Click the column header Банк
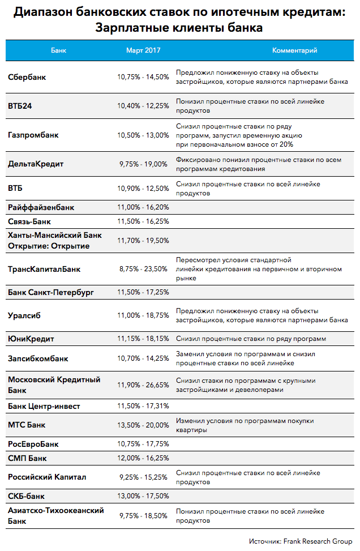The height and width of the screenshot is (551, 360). [x=58, y=50]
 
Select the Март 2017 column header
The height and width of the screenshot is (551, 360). [x=143, y=50]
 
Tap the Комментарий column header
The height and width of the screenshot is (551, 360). [x=294, y=50]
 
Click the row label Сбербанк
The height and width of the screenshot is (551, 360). [x=27, y=77]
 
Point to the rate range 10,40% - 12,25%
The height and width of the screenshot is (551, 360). [x=143, y=105]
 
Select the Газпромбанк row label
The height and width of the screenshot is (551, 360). [x=33, y=135]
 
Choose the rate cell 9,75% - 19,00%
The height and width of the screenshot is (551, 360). [x=143, y=164]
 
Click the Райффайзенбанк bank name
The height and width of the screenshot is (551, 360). [x=41, y=207]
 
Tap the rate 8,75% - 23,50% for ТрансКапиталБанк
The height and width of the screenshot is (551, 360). [x=143, y=269]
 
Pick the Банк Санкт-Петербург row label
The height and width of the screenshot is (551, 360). [x=51, y=293]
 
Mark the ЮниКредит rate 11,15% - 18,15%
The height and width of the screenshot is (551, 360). [x=143, y=339]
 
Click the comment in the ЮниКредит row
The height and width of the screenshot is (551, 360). [x=251, y=339]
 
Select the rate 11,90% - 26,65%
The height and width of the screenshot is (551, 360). [x=143, y=385]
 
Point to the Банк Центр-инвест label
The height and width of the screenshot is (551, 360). [x=44, y=406]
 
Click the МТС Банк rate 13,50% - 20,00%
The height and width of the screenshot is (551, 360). [x=143, y=425]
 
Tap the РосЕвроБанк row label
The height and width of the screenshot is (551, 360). [x=33, y=444]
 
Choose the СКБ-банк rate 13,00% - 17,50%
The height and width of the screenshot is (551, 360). [x=143, y=496]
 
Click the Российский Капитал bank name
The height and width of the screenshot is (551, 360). [x=47, y=477]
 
